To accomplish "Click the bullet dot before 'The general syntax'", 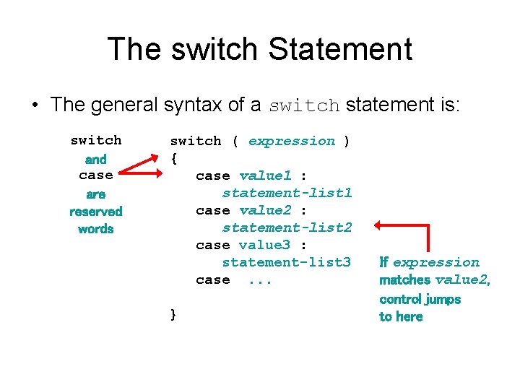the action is click(x=35, y=105).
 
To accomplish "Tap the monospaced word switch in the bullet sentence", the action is click(x=304, y=106).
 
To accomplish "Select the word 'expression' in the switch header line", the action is click(x=292, y=141).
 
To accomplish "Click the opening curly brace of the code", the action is click(x=174, y=158).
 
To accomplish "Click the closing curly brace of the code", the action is click(x=173, y=314).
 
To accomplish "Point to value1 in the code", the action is click(x=265, y=175).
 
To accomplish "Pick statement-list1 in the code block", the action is click(x=287, y=193).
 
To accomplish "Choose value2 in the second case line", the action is click(x=265, y=210).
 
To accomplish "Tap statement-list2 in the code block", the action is click(x=287, y=227).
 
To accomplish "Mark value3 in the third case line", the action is click(x=265, y=245).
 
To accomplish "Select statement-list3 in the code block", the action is click(x=287, y=262).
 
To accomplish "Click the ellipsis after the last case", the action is click(x=260, y=280).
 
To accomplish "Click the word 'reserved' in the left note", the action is click(x=96, y=212).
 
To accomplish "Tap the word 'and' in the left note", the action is click(x=96, y=160).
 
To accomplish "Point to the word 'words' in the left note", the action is click(x=96, y=229).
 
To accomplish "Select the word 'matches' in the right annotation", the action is click(x=404, y=280).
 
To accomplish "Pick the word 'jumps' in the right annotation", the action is click(x=442, y=299).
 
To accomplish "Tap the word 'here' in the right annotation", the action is click(x=409, y=316).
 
